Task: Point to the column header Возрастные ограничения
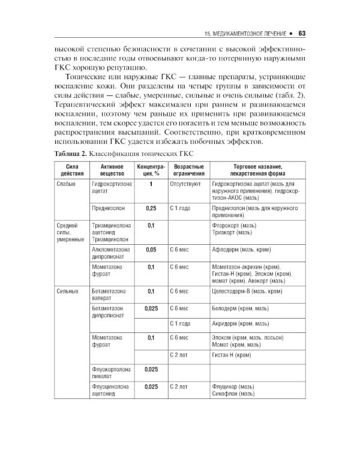pos(186,169)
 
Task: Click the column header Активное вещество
pos(112,169)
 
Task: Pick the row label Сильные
pos(68,291)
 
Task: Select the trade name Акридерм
pos(227,323)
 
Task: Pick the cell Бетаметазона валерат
pos(110,295)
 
